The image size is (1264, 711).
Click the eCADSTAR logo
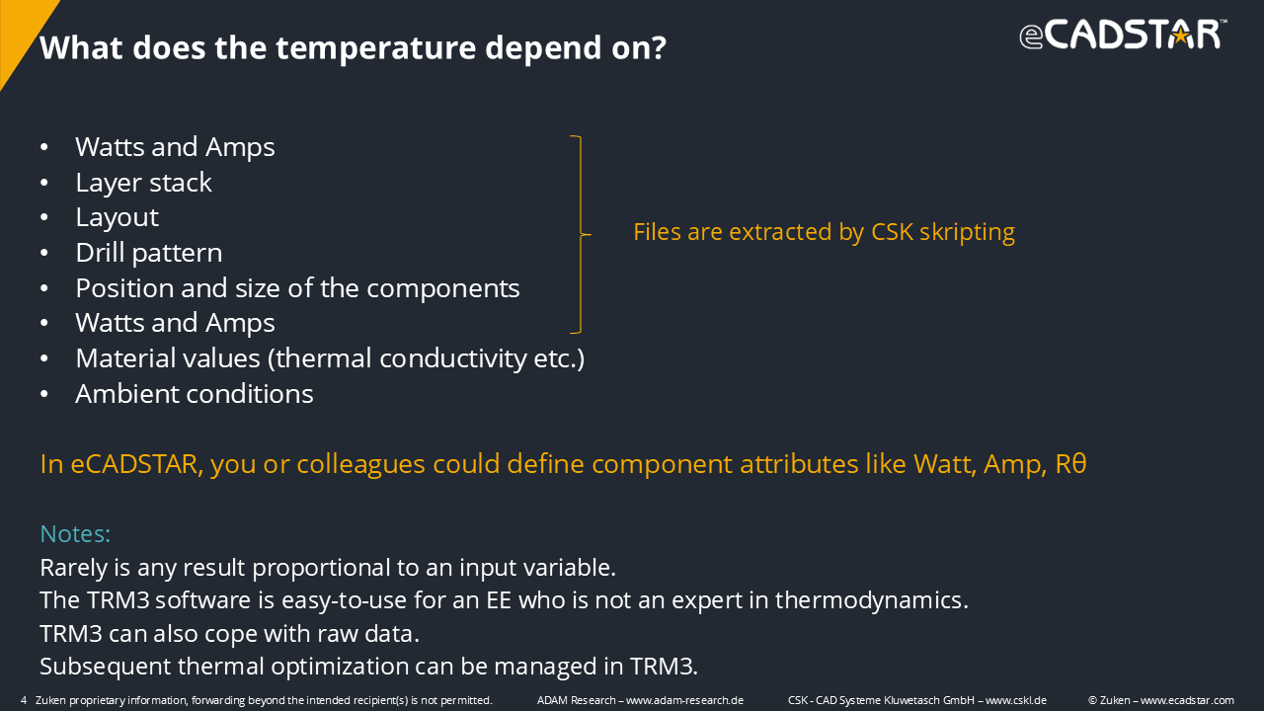(1123, 35)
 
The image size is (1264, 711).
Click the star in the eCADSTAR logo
(1180, 37)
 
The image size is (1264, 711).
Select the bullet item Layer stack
(143, 183)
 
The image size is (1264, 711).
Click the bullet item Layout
(118, 218)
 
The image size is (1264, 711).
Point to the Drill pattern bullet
(149, 253)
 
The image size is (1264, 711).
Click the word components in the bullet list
(443, 289)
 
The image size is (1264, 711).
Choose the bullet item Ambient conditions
(195, 394)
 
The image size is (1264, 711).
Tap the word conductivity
(453, 358)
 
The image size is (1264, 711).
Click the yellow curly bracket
(581, 234)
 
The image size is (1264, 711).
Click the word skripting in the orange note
(967, 232)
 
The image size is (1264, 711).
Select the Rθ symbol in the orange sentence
(1070, 464)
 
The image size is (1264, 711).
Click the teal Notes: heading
(75, 534)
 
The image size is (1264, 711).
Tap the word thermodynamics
(871, 600)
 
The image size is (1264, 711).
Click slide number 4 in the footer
(24, 700)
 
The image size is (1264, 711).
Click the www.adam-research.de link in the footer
(684, 700)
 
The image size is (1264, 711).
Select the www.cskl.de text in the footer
(1016, 700)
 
